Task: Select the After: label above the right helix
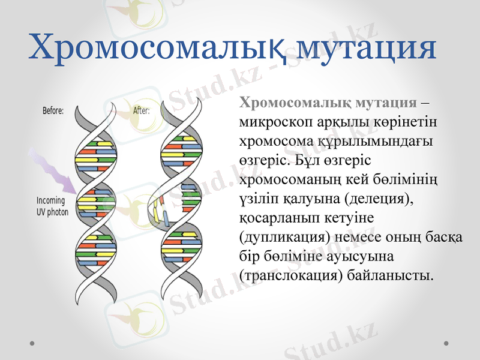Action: pos(142,110)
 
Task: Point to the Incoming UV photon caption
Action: pos(53,206)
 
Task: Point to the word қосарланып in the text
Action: pos(274,217)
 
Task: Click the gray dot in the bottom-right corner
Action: pos(446,343)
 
